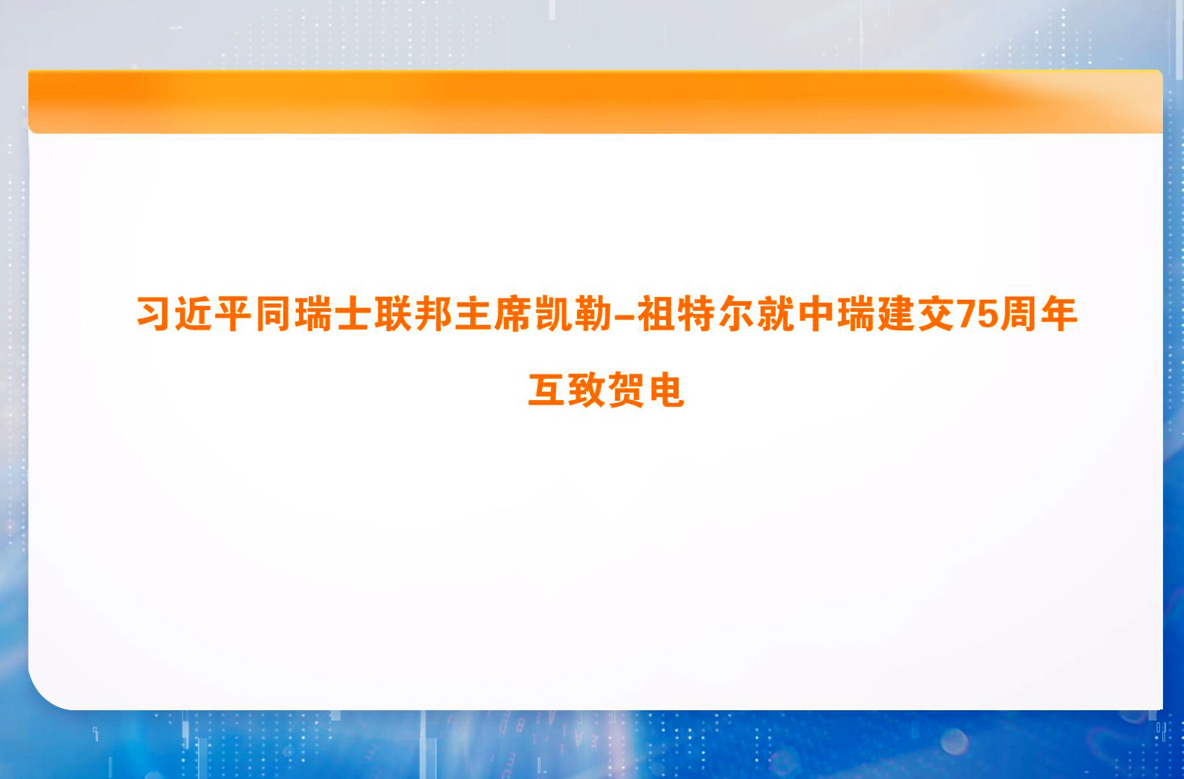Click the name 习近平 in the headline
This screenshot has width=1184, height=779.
click(194, 314)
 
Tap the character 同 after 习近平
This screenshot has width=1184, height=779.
click(274, 314)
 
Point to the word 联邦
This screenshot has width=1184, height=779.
click(413, 314)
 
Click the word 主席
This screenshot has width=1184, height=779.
click(493, 314)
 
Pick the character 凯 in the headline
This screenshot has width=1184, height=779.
click(553, 314)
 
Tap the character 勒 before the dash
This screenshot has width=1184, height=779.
click(593, 314)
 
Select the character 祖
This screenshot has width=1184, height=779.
click(656, 314)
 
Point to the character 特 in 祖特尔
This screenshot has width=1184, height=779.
click(696, 314)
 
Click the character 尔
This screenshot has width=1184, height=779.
click(736, 314)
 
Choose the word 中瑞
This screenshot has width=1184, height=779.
click(836, 314)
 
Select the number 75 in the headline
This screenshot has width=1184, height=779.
click(977, 315)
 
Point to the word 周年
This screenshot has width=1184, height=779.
click(1039, 314)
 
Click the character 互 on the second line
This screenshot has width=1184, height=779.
click(546, 390)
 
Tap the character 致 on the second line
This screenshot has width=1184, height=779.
click(586, 390)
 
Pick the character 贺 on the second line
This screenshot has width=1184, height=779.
click(626, 390)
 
